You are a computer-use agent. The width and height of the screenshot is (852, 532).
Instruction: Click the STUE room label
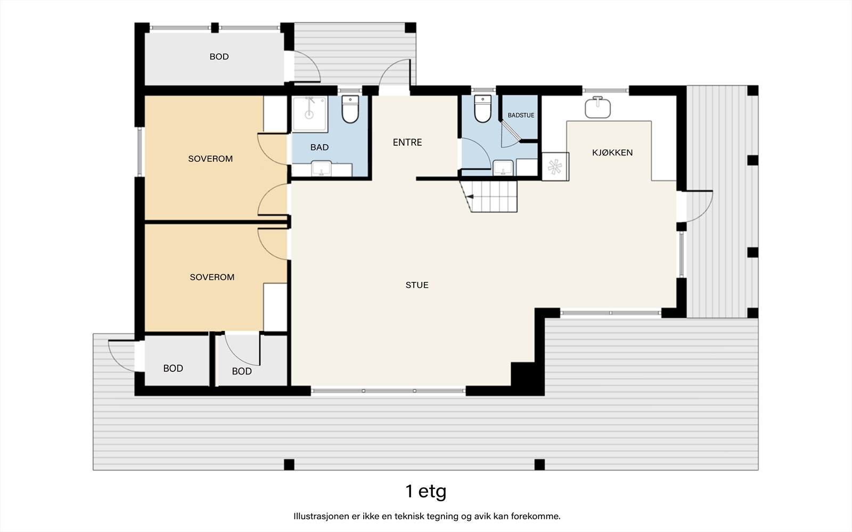pos(417,285)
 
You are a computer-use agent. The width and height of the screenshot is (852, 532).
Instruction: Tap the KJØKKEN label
pos(612,153)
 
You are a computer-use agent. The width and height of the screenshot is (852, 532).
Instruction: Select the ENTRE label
pos(407,142)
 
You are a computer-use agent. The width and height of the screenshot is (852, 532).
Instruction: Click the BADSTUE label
pos(521,115)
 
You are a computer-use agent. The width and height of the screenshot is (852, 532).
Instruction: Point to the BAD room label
pos(319,147)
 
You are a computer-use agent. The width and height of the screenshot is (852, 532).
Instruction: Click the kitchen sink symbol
pos(597,107)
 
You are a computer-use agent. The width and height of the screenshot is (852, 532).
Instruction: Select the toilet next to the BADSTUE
pos(482,108)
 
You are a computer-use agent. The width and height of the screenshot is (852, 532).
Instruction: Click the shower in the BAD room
pos(310,114)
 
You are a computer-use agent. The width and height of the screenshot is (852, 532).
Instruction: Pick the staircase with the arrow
pos(492,196)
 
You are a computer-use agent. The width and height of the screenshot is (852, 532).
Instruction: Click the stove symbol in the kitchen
pos(555,167)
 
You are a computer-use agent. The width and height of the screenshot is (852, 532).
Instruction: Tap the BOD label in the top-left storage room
pos(219,57)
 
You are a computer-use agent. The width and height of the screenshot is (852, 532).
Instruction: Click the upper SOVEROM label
pos(210,159)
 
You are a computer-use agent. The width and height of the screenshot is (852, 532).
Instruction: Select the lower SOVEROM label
pos(212,277)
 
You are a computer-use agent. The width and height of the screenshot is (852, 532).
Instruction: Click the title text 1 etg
pos(425,491)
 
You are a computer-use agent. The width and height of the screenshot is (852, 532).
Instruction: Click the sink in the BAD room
pos(321,170)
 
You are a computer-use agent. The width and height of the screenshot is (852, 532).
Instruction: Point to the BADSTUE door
pos(510,133)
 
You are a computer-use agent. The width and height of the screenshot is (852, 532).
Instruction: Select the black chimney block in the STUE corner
pos(523,375)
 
